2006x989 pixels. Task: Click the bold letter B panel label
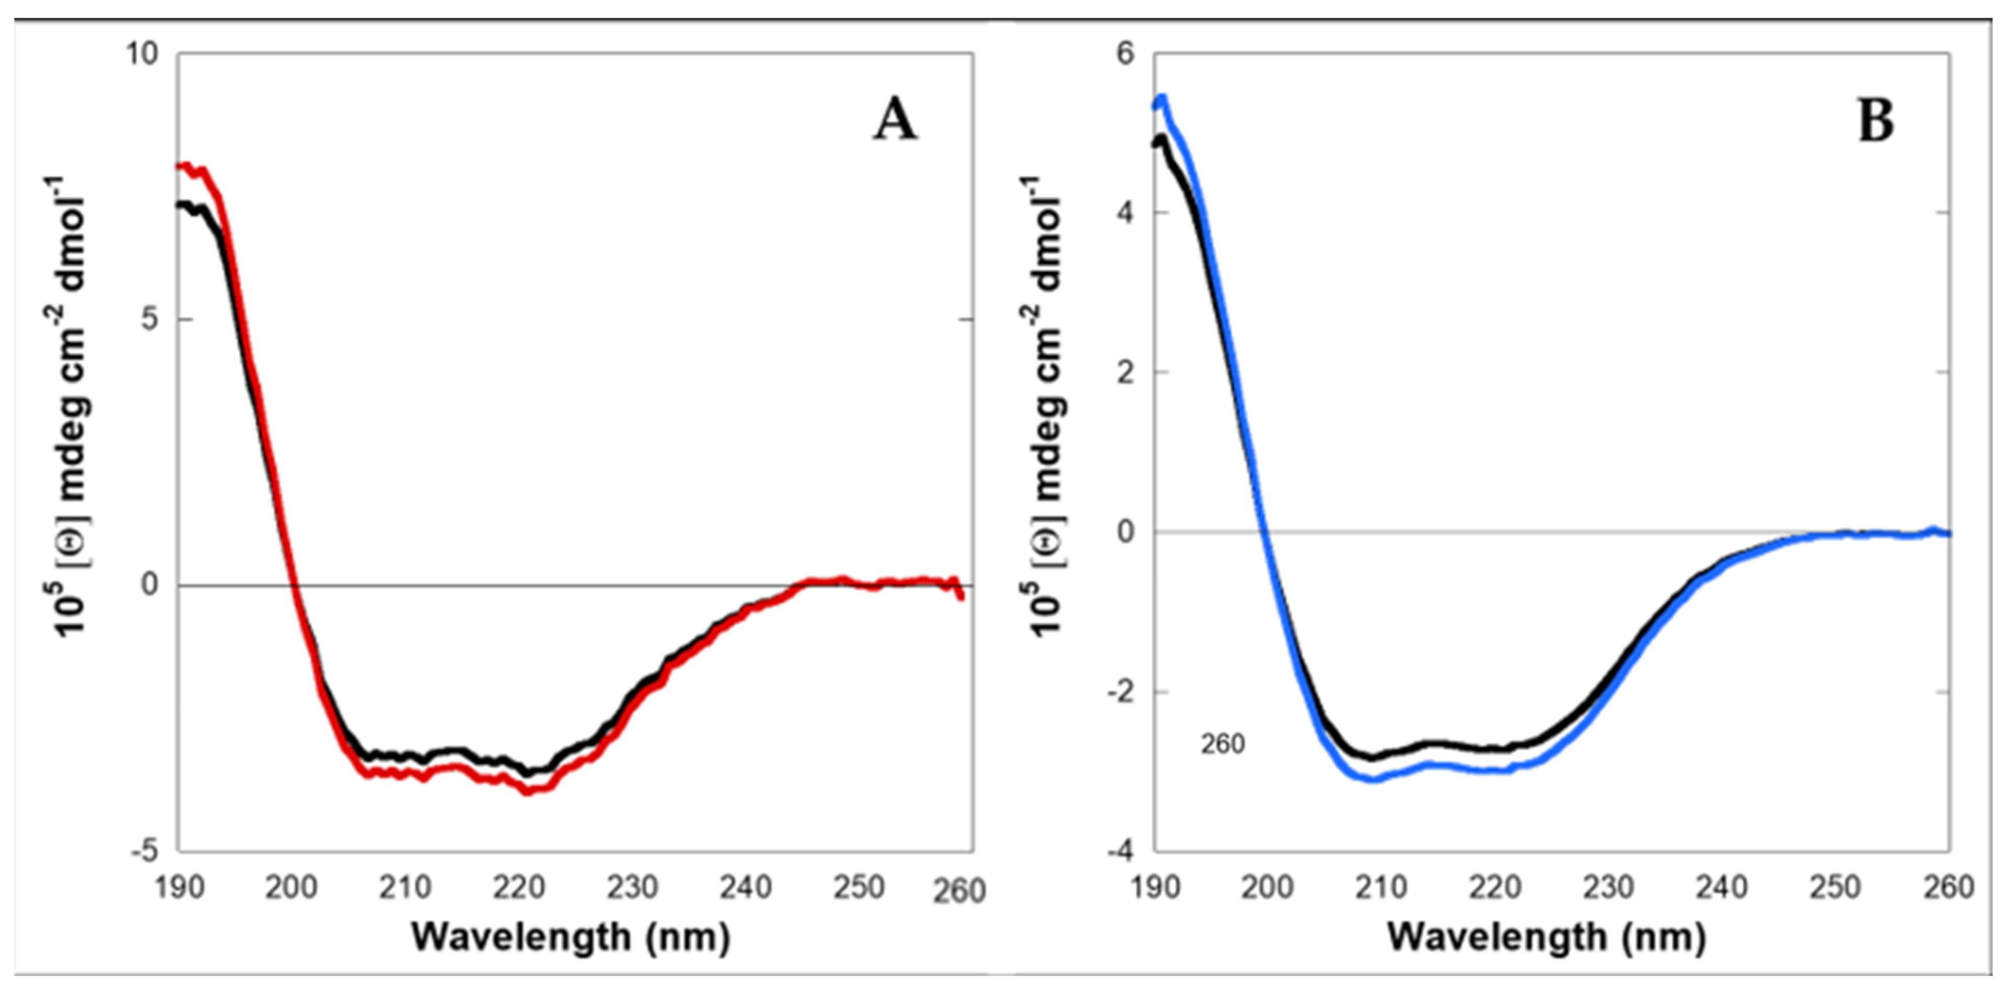tap(1875, 122)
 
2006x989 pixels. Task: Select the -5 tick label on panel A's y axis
tap(145, 851)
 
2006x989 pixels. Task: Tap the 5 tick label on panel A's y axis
tap(150, 319)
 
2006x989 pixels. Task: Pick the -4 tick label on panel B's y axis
tap(1121, 851)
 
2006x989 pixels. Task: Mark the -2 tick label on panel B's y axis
tap(1121, 692)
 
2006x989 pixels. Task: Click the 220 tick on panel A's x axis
tap(519, 887)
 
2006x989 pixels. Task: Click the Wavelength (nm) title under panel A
tap(571, 937)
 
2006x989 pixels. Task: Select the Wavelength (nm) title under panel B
tap(1547, 937)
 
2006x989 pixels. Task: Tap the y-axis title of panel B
tap(1047, 405)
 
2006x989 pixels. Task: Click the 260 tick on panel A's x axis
tap(959, 890)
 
